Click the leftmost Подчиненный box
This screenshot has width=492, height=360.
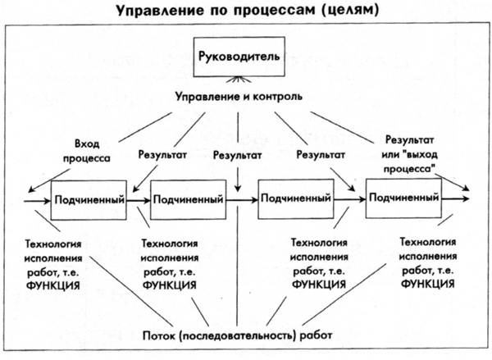(89, 199)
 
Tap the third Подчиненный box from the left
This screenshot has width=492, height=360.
(294, 198)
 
